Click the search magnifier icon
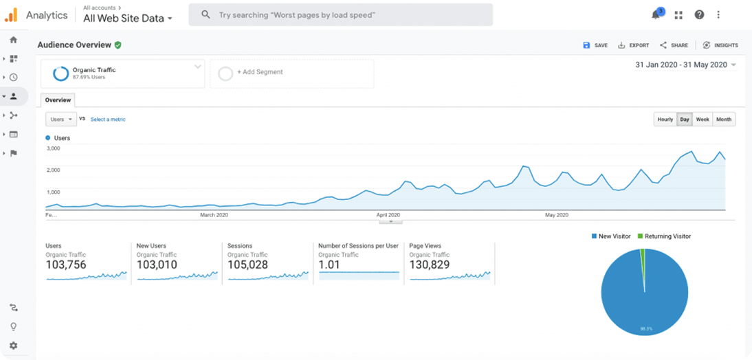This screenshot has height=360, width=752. point(206,14)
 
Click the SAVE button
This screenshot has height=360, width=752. point(595,45)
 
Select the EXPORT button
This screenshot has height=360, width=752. point(633,45)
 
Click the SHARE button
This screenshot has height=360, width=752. point(674,45)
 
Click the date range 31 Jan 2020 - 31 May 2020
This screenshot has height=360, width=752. point(680,65)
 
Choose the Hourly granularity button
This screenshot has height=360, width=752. point(665,120)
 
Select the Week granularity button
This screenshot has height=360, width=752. point(702,120)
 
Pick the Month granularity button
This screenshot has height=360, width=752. point(723,120)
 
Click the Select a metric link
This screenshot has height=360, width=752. point(108,120)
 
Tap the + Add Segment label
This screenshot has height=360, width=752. point(260,72)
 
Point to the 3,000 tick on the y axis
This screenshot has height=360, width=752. point(53,148)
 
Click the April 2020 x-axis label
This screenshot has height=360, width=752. point(388,215)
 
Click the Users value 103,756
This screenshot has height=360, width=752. point(66,265)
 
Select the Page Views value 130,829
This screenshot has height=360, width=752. point(430,265)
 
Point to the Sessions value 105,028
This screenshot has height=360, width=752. point(248,265)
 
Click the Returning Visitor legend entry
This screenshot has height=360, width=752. point(664,236)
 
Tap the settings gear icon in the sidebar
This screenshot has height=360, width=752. point(13,346)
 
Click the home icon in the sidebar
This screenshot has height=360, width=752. point(13,40)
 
